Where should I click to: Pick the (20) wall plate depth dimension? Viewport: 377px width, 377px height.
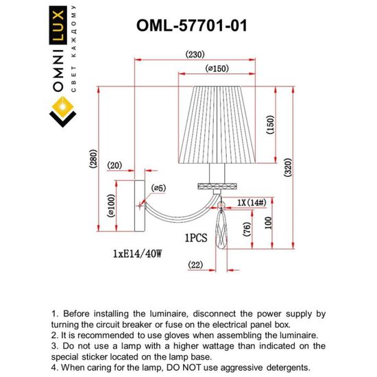click(114, 165)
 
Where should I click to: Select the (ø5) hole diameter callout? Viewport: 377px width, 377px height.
click(159, 188)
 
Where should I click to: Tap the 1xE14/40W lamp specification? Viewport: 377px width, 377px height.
click(136, 254)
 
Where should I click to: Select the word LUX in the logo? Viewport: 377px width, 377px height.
click(59, 40)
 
